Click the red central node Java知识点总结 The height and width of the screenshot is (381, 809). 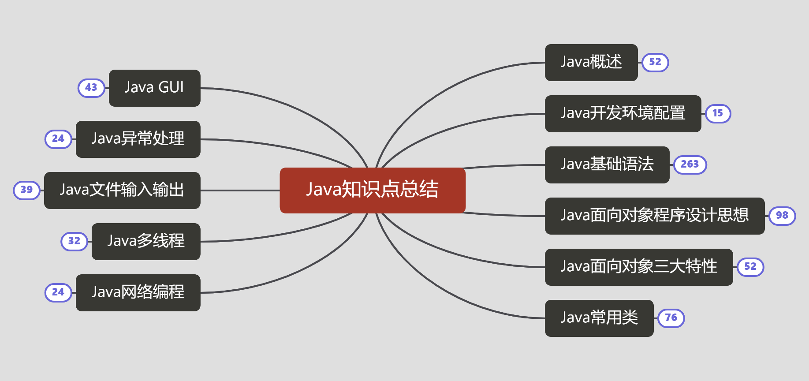[373, 190]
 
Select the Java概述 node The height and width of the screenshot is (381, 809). [591, 62]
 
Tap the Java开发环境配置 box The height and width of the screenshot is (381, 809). [623, 113]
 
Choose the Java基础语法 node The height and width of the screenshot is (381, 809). [607, 164]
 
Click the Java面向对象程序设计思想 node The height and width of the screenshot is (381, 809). [654, 216]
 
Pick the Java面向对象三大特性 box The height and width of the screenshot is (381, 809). [638, 267]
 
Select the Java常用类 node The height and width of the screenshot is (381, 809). [599, 318]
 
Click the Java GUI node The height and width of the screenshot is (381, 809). [154, 88]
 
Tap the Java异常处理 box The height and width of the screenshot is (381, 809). [138, 139]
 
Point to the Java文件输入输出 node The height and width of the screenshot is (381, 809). [122, 190]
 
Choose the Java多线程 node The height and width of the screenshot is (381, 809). [146, 241]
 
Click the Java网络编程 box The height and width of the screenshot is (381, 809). [138, 292]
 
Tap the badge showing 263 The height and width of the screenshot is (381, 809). [690, 164]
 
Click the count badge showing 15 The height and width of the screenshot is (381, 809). [718, 113]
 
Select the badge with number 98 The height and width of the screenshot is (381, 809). [782, 216]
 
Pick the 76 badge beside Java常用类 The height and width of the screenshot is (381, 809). [671, 318]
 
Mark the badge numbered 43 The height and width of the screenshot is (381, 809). [91, 88]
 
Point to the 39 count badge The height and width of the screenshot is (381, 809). [27, 190]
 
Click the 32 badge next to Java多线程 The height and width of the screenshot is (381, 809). [74, 241]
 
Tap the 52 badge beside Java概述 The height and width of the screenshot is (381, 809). [655, 62]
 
